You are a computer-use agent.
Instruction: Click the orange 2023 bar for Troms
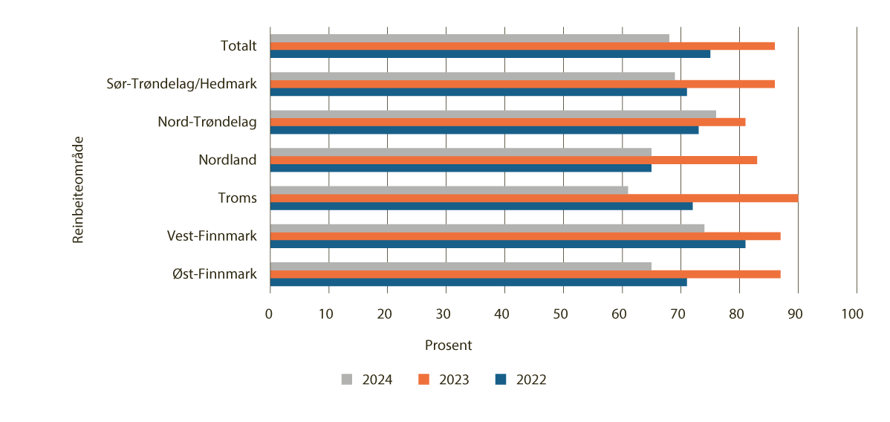(x=533, y=198)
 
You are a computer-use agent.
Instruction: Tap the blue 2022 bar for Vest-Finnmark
(x=507, y=244)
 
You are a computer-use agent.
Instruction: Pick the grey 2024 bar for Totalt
(x=470, y=38)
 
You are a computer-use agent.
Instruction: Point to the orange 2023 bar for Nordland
(x=513, y=160)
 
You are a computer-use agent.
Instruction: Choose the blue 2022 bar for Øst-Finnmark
(x=478, y=282)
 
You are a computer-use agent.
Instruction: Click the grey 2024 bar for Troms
(x=449, y=190)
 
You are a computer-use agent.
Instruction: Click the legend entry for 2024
(x=367, y=380)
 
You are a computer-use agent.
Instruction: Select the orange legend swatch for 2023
(x=424, y=380)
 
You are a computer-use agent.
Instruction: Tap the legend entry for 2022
(x=520, y=380)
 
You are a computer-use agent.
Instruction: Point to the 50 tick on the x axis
(x=562, y=314)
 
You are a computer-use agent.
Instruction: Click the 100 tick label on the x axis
(x=853, y=314)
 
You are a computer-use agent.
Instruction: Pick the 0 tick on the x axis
(x=270, y=314)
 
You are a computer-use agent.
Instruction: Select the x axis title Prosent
(x=448, y=345)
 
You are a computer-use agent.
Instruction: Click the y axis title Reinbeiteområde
(x=77, y=189)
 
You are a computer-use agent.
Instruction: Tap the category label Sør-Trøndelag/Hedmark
(x=182, y=84)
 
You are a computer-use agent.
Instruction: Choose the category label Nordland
(x=227, y=160)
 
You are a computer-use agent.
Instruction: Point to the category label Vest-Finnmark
(x=212, y=236)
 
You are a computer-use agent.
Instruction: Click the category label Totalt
(x=238, y=46)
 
